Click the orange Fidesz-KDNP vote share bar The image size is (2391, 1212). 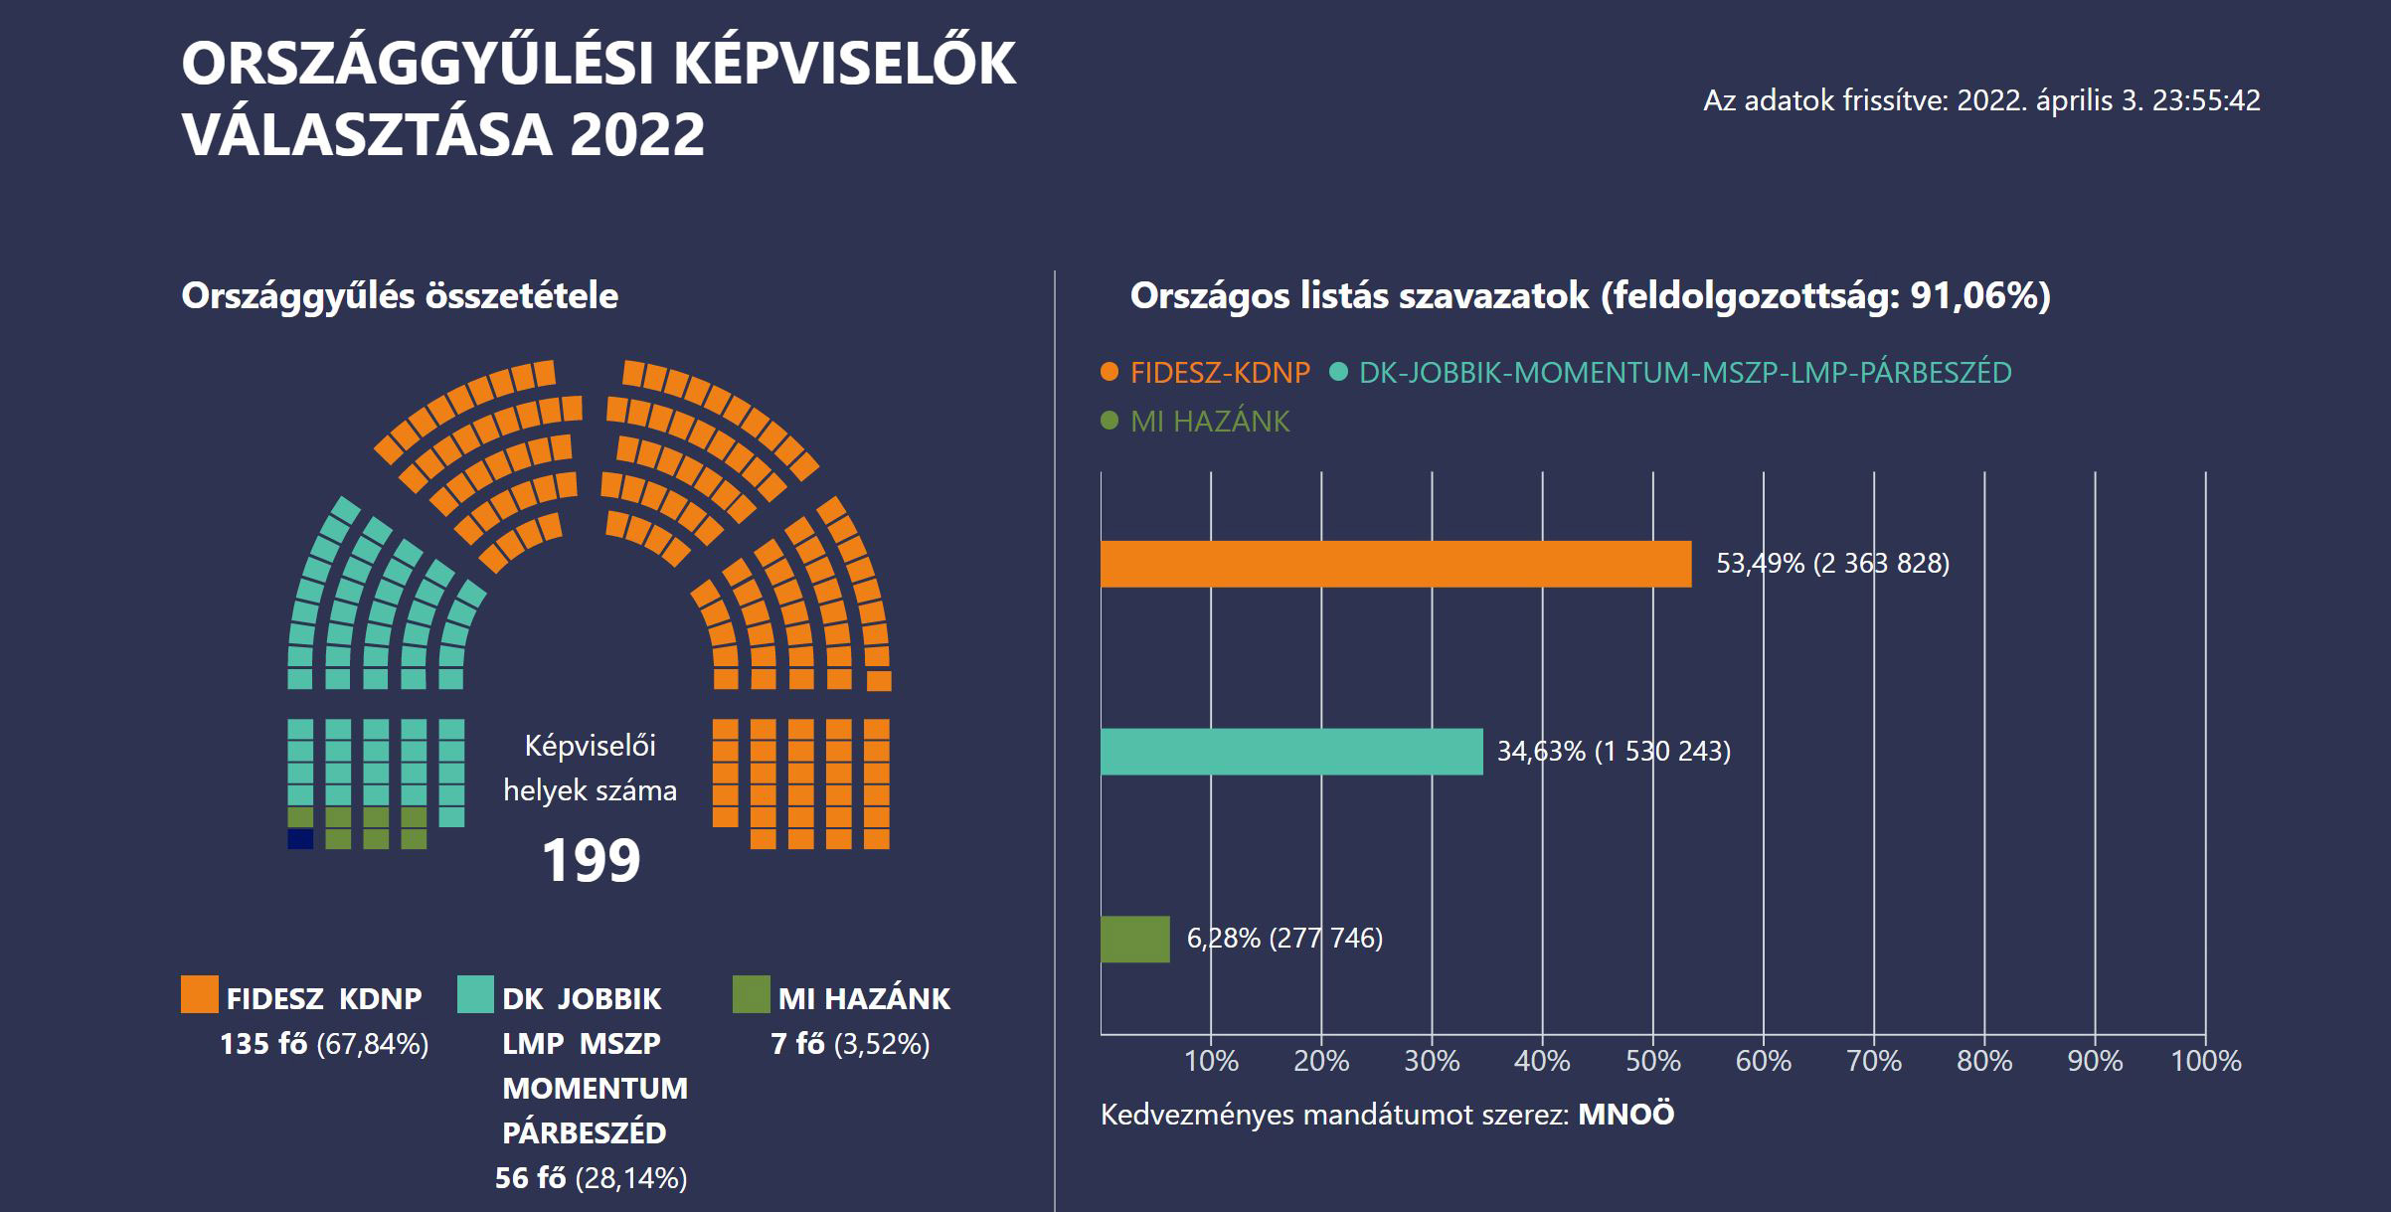[1395, 564]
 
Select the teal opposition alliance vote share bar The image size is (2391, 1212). [1290, 751]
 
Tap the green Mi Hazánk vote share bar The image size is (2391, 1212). [1134, 939]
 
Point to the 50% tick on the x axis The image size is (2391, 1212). [1652, 1061]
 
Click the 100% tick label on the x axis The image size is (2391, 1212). [2205, 1061]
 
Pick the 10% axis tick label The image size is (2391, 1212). [1211, 1061]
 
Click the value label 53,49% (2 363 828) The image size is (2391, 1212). [1832, 564]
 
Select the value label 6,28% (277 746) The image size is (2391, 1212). [1284, 938]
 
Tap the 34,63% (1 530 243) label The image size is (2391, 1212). [1614, 751]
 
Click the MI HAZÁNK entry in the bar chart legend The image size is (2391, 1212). [1209, 422]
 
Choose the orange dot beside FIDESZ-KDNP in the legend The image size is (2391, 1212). [1110, 373]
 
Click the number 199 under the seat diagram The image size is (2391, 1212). [591, 860]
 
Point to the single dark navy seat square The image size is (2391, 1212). [300, 839]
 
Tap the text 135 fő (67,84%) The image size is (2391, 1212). [324, 1044]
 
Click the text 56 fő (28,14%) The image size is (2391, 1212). [591, 1178]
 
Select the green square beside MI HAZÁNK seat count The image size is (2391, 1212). [751, 994]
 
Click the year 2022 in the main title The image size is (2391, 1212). [637, 134]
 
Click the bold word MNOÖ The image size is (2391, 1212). [1625, 1115]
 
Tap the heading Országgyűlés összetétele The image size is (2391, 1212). [400, 296]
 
